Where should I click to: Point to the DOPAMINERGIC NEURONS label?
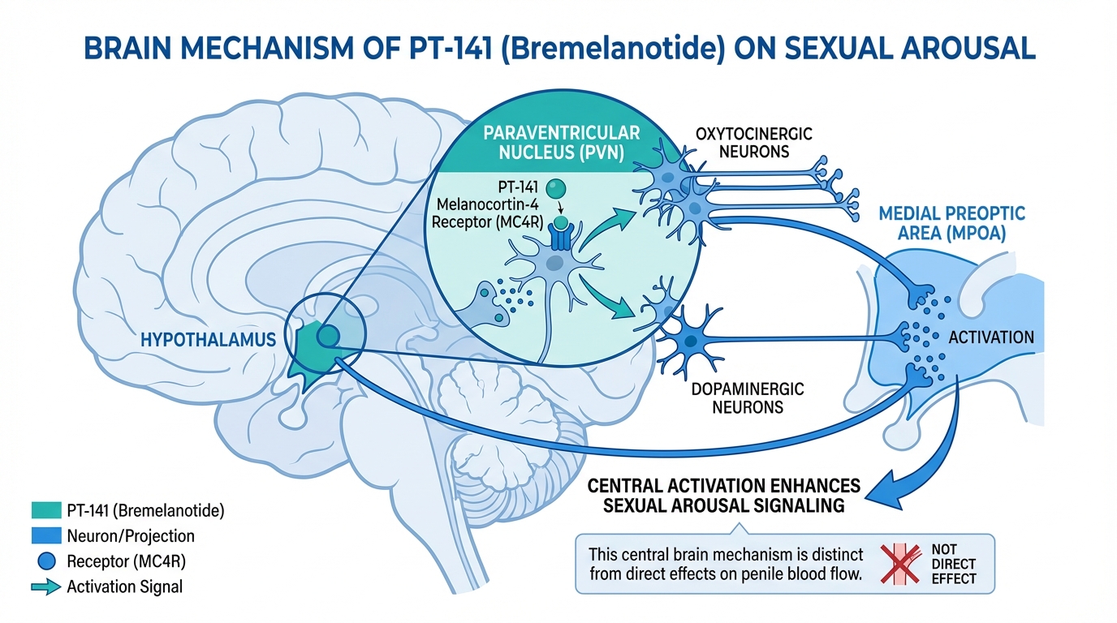click(748, 397)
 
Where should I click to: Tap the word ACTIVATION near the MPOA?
click(991, 337)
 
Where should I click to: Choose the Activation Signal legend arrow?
click(48, 586)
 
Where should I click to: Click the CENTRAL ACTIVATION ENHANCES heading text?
click(723, 487)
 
